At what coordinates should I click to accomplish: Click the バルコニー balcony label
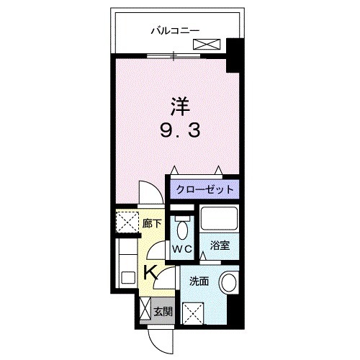[175, 30]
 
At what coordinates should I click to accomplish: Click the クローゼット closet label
[204, 189]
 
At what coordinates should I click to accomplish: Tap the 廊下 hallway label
[149, 225]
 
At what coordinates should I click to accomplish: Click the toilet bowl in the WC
[181, 230]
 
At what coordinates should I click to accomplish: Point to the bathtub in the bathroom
[219, 219]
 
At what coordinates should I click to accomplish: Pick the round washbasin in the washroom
[229, 282]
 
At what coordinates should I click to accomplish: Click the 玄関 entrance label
[163, 312]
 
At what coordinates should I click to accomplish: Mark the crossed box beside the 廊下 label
[127, 222]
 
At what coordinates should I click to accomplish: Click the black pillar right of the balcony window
[233, 56]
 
